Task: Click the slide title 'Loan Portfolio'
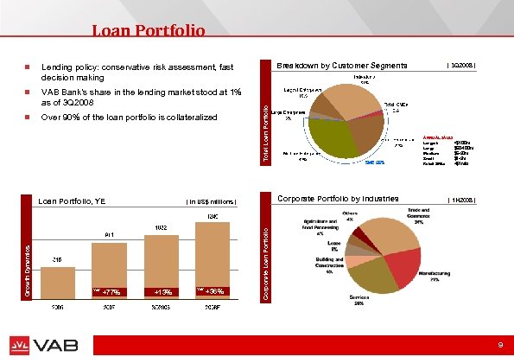click(x=149, y=32)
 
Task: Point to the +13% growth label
click(x=162, y=291)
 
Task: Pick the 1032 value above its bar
click(x=161, y=227)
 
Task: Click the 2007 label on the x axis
click(x=110, y=307)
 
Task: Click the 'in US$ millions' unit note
click(x=212, y=202)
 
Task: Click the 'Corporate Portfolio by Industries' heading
click(x=338, y=200)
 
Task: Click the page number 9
click(x=499, y=345)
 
